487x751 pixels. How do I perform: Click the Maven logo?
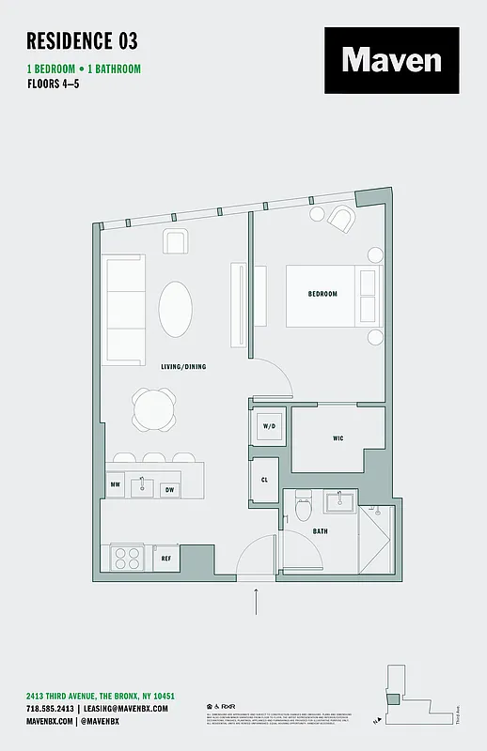392,60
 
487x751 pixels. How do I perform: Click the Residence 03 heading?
82,40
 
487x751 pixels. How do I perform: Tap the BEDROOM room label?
322,294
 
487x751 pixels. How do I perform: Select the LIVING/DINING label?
182,366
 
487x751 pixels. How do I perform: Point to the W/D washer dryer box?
270,426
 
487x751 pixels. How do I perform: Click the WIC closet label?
338,437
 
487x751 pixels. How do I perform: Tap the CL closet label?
263,480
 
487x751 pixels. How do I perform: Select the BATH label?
320,531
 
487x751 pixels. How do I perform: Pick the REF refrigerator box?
165,558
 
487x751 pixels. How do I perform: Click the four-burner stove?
126,558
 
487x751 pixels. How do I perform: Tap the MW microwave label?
115,486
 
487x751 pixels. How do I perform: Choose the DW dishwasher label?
169,489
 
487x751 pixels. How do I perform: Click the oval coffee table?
179,309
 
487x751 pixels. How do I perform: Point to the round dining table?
153,409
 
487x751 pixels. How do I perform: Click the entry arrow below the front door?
256,601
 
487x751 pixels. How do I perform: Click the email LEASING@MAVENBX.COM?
124,708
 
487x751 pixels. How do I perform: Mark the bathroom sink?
340,501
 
